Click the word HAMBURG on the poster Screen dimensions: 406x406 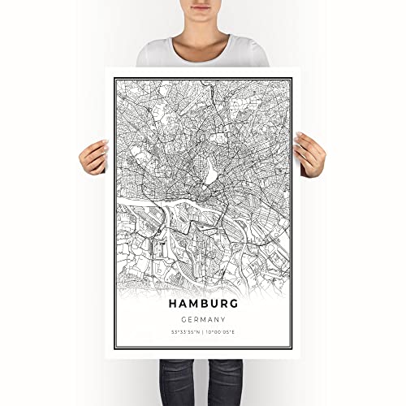(x=203, y=302)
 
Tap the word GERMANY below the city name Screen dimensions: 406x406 (x=203, y=319)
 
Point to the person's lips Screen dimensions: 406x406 (x=202, y=6)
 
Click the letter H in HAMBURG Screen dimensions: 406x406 (x=175, y=302)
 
